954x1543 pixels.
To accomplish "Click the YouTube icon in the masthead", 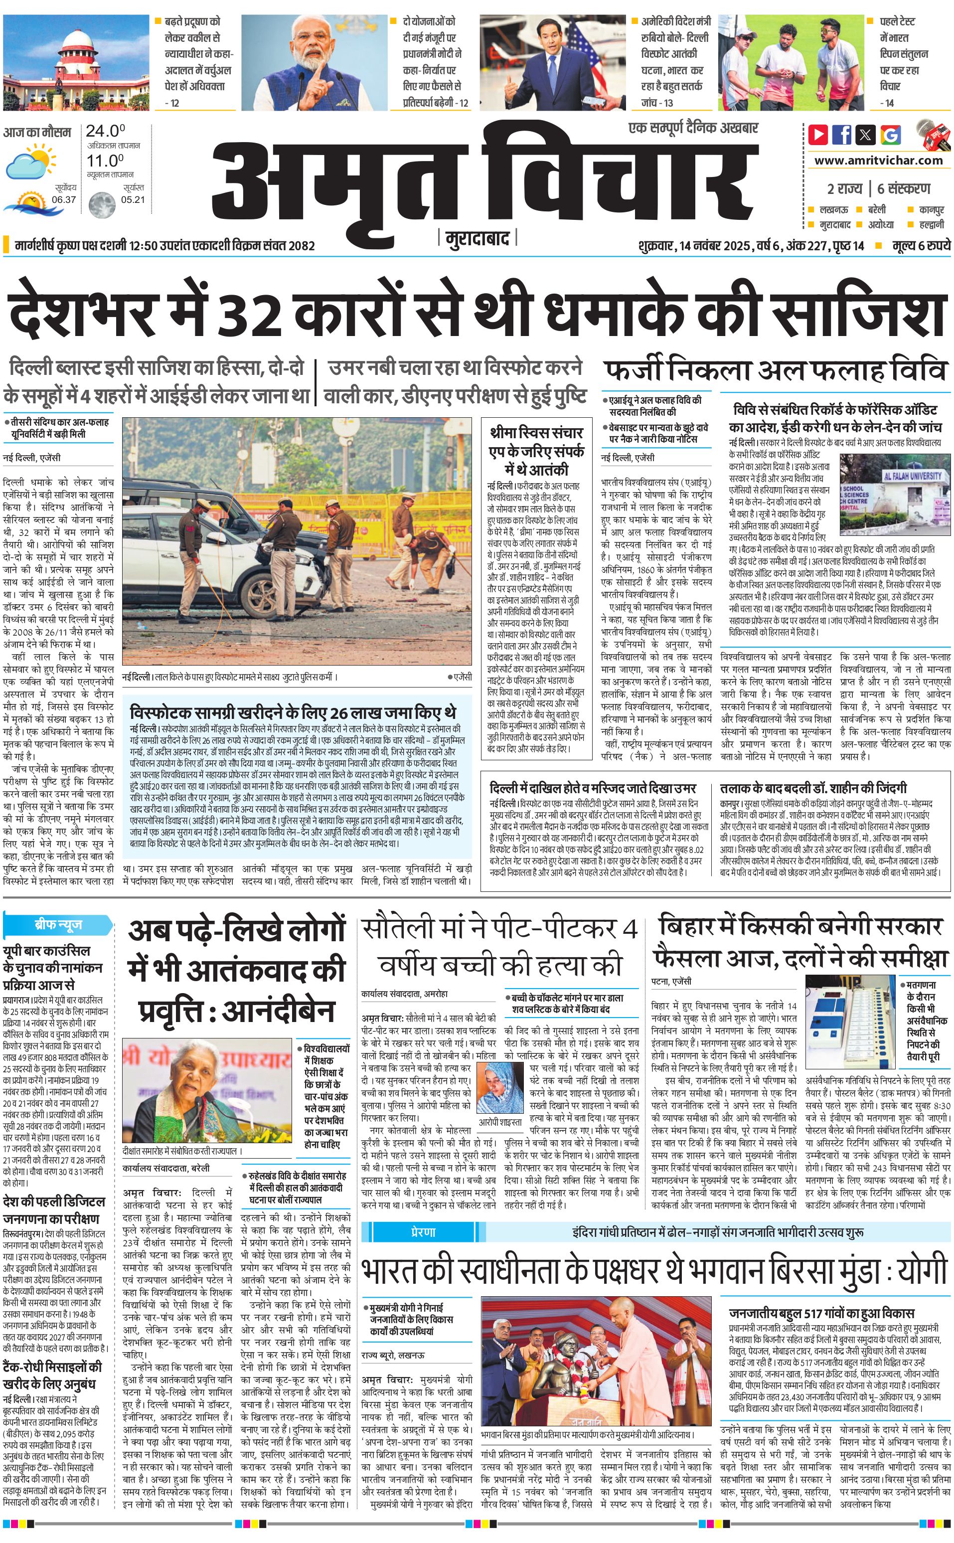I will tap(818, 135).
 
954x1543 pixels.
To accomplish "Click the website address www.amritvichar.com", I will tap(878, 161).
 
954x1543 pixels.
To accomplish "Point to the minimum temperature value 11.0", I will tap(105, 161).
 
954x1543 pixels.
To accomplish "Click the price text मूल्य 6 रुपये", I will tap(921, 245).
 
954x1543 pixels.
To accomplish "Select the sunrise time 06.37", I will tap(64, 200).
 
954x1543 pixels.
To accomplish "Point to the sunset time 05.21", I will tap(133, 200).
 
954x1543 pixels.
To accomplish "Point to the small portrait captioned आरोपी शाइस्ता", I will tap(500, 1087).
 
